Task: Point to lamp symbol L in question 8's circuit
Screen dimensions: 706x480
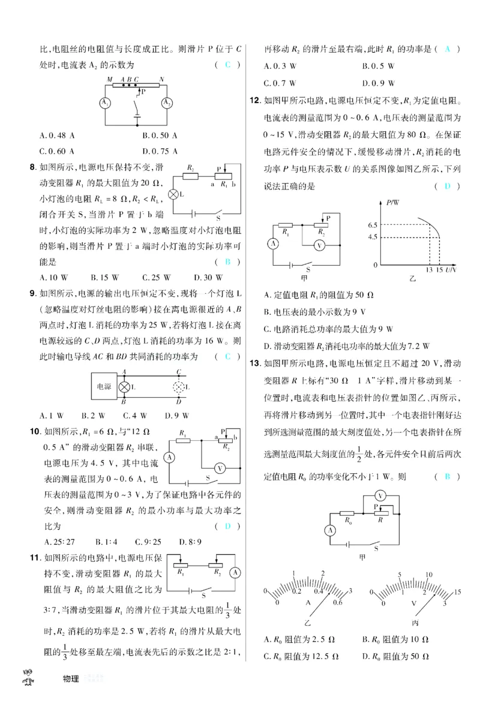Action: click(173, 196)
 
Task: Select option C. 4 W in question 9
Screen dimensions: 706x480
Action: click(135, 415)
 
